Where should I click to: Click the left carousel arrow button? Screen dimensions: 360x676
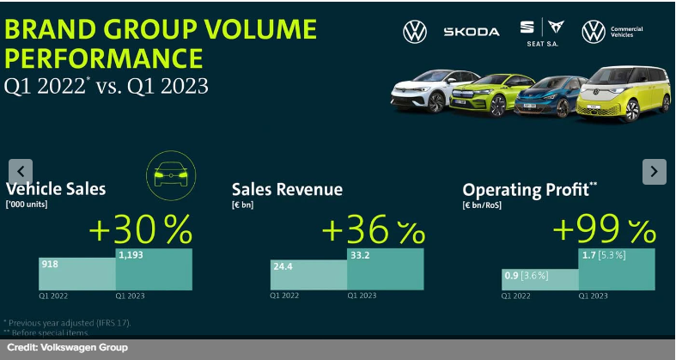point(21,172)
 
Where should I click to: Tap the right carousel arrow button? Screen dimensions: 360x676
point(654,172)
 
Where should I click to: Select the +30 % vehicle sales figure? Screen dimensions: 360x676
point(140,229)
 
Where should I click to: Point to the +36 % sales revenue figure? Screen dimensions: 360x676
point(373,230)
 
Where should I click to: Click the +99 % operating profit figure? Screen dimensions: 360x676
point(604,230)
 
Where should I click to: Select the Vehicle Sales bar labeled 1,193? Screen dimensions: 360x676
point(154,269)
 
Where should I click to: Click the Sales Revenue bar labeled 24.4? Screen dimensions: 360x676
point(308,275)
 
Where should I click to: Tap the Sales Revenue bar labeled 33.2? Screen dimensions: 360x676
point(385,269)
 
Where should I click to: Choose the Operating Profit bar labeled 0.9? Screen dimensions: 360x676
point(539,279)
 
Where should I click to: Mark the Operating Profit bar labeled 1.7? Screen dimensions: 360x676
point(617,269)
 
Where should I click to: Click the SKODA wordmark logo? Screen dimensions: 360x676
point(471,32)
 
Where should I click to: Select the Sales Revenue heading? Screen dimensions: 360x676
point(287,190)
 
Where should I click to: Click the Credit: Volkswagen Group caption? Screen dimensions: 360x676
point(68,347)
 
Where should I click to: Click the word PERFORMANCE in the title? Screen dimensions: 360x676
point(104,58)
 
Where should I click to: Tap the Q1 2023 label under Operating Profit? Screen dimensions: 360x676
point(594,296)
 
